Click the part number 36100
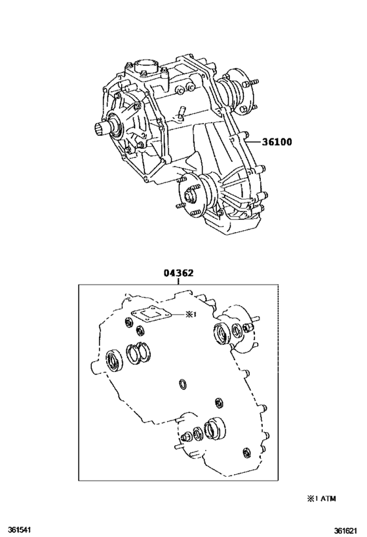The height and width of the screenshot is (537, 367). point(277,142)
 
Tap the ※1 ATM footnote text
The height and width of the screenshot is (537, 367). point(321,498)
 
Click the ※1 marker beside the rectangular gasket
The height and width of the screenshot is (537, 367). point(190,315)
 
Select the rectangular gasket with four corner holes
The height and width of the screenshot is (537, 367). point(150,315)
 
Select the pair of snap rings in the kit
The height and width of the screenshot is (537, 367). point(139,355)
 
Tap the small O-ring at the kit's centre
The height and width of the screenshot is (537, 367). point(182,383)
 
